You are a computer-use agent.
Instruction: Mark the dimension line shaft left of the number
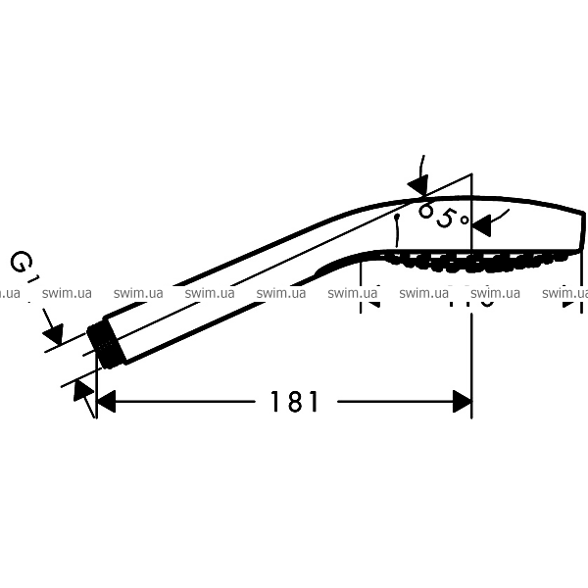[186, 400]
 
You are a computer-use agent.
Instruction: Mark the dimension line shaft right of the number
[392, 400]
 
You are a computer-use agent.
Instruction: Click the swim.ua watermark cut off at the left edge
[11, 292]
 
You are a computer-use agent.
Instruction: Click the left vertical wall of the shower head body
[396, 230]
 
